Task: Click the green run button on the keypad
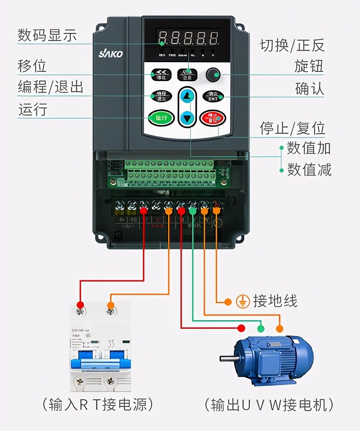tap(161, 118)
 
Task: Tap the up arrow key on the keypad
tap(187, 97)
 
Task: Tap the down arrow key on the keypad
tap(187, 117)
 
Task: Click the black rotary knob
tap(213, 74)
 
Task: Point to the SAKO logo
tap(111, 54)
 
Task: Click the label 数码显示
tap(47, 35)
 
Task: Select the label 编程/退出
tap(51, 87)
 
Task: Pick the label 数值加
tap(309, 148)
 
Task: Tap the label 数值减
tap(309, 169)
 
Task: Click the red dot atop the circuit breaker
tap(80, 305)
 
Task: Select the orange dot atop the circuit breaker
tap(111, 305)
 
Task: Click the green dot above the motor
tap(261, 328)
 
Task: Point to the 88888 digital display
tap(188, 37)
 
